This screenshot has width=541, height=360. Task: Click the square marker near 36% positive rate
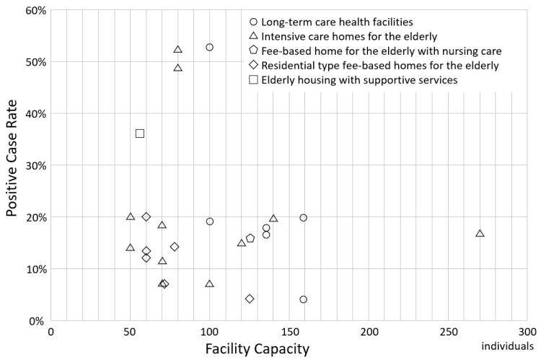coord(140,133)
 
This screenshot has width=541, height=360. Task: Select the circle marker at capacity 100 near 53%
coord(209,48)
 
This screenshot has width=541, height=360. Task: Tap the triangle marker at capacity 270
coord(480,233)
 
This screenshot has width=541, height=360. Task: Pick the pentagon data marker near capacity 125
coord(250,238)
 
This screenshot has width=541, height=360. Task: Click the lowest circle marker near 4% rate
coord(303,299)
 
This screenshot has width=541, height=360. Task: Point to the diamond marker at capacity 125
coord(250,299)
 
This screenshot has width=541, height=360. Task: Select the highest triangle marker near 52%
coord(178,49)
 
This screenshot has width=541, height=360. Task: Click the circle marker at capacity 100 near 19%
coord(209,221)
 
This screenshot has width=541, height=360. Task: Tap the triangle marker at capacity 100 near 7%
coord(209,284)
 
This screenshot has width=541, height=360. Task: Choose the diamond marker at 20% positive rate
coord(146,216)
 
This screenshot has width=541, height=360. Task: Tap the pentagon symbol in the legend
coord(252,51)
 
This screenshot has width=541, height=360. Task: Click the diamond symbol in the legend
coord(252,66)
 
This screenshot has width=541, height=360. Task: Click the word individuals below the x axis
coord(503,346)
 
